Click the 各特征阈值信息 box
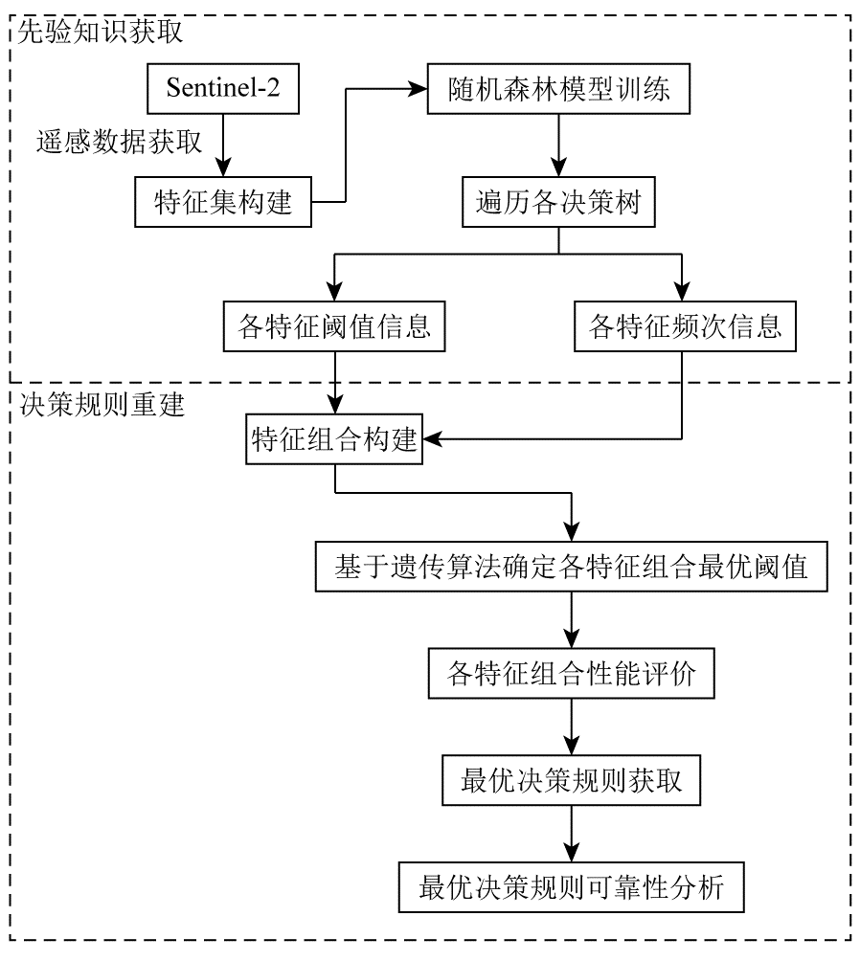click(335, 327)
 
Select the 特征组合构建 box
click(335, 440)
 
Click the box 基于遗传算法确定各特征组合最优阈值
click(572, 568)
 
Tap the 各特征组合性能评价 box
click(572, 675)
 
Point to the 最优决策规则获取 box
click(572, 781)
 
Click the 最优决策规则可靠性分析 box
click(572, 887)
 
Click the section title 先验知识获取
click(102, 32)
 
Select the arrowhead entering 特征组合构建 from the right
click(432, 440)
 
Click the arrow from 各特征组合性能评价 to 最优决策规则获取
click(572, 727)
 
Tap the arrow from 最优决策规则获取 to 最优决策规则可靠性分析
click(572, 834)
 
